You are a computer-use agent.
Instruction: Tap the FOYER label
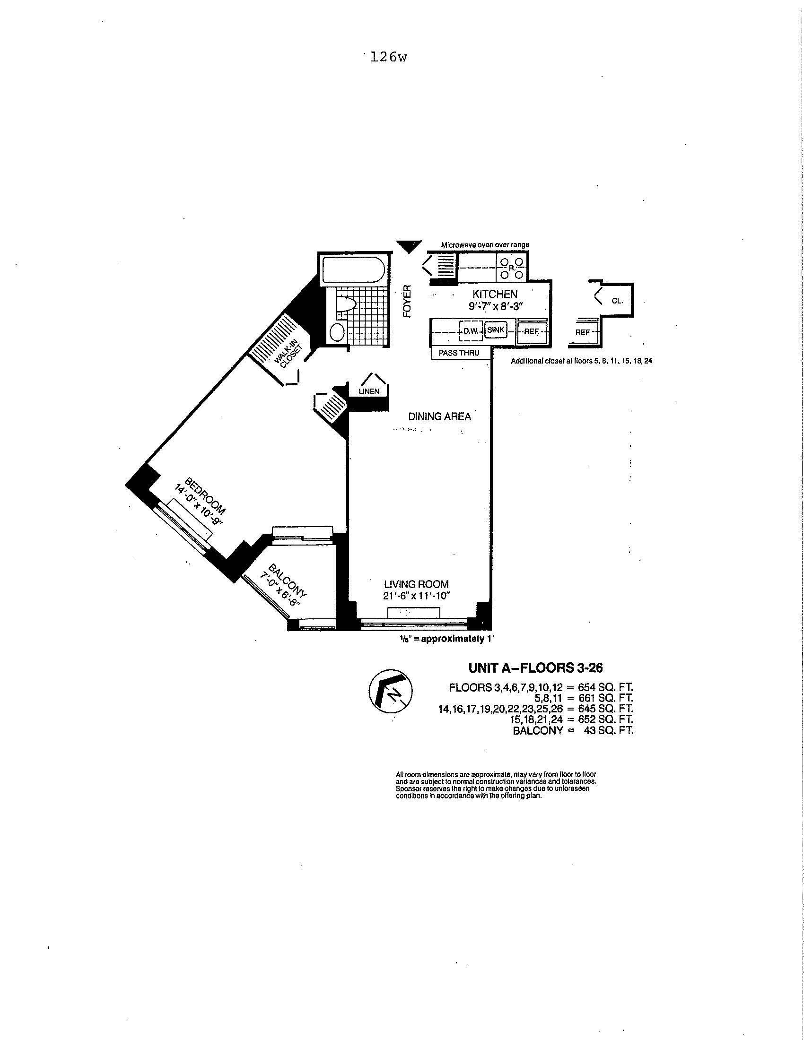click(x=406, y=302)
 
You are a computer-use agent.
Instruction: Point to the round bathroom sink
click(x=337, y=332)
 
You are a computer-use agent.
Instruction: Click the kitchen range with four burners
click(x=512, y=268)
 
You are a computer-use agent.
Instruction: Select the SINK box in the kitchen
click(x=495, y=329)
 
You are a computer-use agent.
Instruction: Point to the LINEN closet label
click(x=369, y=391)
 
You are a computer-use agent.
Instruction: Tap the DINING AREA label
click(x=439, y=416)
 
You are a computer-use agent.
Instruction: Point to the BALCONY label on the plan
click(x=288, y=581)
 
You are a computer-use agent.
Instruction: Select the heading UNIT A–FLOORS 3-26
click(x=535, y=667)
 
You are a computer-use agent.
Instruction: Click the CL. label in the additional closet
click(x=617, y=301)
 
